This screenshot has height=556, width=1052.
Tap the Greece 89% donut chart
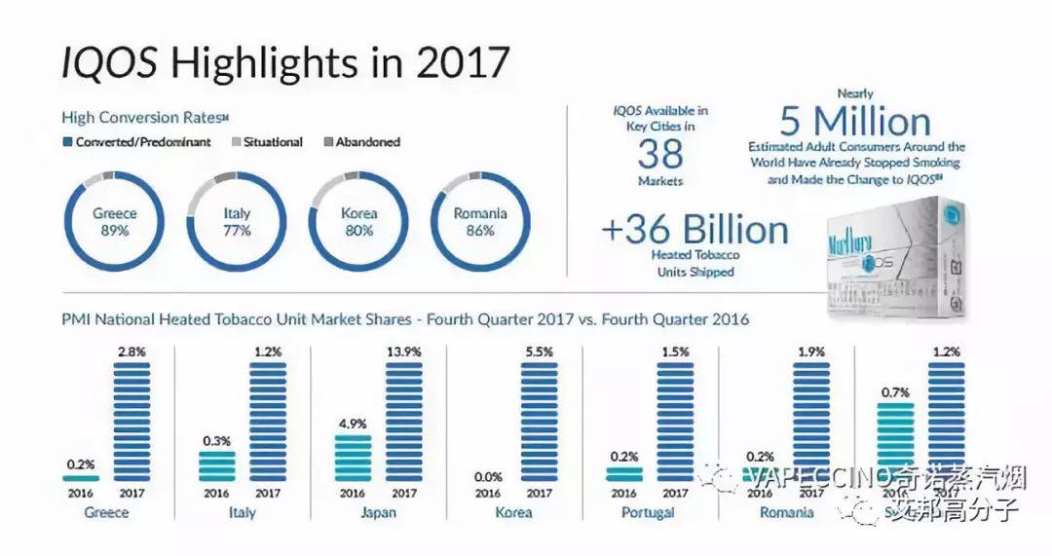click(114, 221)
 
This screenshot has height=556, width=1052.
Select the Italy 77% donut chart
click(237, 221)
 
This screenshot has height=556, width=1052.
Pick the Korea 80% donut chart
click(358, 221)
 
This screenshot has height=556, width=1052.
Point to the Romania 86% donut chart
click(479, 221)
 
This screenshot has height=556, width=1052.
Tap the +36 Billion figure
click(695, 230)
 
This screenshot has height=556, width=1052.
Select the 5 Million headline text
click(854, 123)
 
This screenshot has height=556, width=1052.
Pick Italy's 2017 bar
click(268, 422)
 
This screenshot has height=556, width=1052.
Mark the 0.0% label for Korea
click(487, 476)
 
